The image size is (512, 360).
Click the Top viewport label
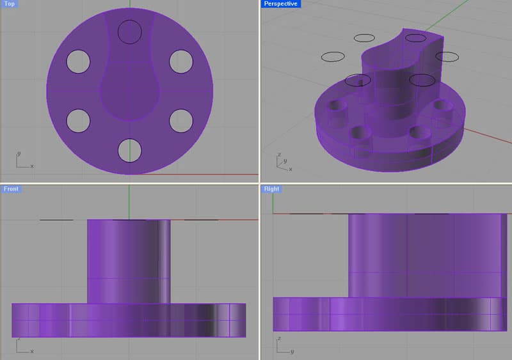pyautogui.click(x=10, y=4)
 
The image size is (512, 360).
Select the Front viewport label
pyautogui.click(x=11, y=189)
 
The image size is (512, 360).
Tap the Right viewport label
pyautogui.click(x=271, y=189)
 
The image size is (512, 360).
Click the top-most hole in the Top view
pyautogui.click(x=129, y=31)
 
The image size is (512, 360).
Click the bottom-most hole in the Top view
pyautogui.click(x=129, y=150)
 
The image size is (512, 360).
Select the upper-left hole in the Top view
pyautogui.click(x=78, y=60)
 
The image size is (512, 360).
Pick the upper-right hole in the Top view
pyautogui.click(x=181, y=60)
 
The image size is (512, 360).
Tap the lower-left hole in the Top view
pyautogui.click(x=78, y=120)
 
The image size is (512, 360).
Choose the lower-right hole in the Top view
pyautogui.click(x=181, y=120)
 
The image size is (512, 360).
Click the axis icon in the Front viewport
pyautogui.click(x=23, y=345)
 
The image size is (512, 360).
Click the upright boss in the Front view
pyautogui.click(x=129, y=259)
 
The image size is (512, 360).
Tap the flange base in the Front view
pyautogui.click(x=128, y=320)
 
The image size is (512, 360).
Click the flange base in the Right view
pyautogui.click(x=390, y=314)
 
